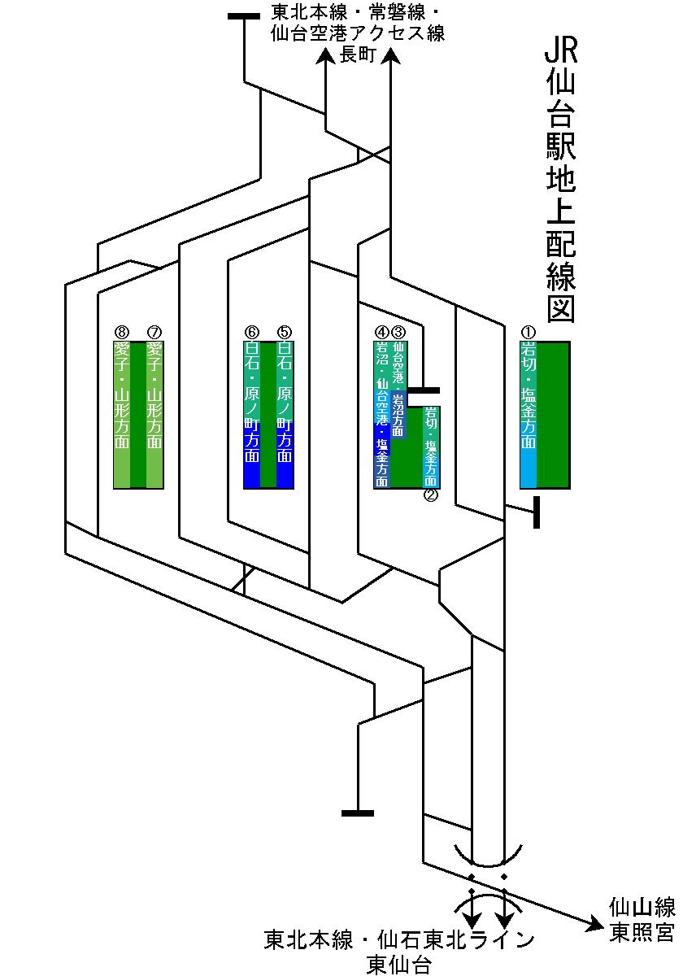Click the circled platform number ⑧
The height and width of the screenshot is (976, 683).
122,332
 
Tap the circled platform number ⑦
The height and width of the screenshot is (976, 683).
154,332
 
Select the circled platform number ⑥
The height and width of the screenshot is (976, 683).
252,332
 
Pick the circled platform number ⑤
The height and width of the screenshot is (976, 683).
285,332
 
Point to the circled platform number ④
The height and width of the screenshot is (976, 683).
382,332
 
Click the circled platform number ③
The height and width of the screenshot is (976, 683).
398,332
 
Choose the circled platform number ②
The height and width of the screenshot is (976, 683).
431,495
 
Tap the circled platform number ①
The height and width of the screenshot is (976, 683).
529,332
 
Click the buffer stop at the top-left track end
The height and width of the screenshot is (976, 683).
244,16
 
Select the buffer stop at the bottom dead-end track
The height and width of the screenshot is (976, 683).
358,812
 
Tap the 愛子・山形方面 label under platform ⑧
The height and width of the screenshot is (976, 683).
122,395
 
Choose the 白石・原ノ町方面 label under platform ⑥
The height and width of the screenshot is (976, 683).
252,403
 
